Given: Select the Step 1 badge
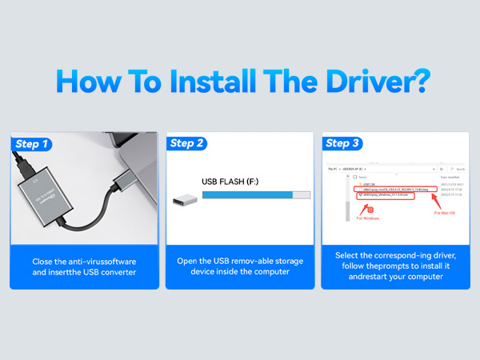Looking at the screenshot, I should pyautogui.click(x=33, y=144).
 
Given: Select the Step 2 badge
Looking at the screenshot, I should pyautogui.click(x=188, y=143).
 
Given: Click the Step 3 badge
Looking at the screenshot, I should pyautogui.click(x=344, y=143).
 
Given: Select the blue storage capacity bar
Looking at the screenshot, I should pyautogui.click(x=256, y=194).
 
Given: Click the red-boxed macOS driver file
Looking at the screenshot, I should pyautogui.click(x=398, y=189).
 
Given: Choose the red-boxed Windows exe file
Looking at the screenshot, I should pyautogui.click(x=389, y=194).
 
